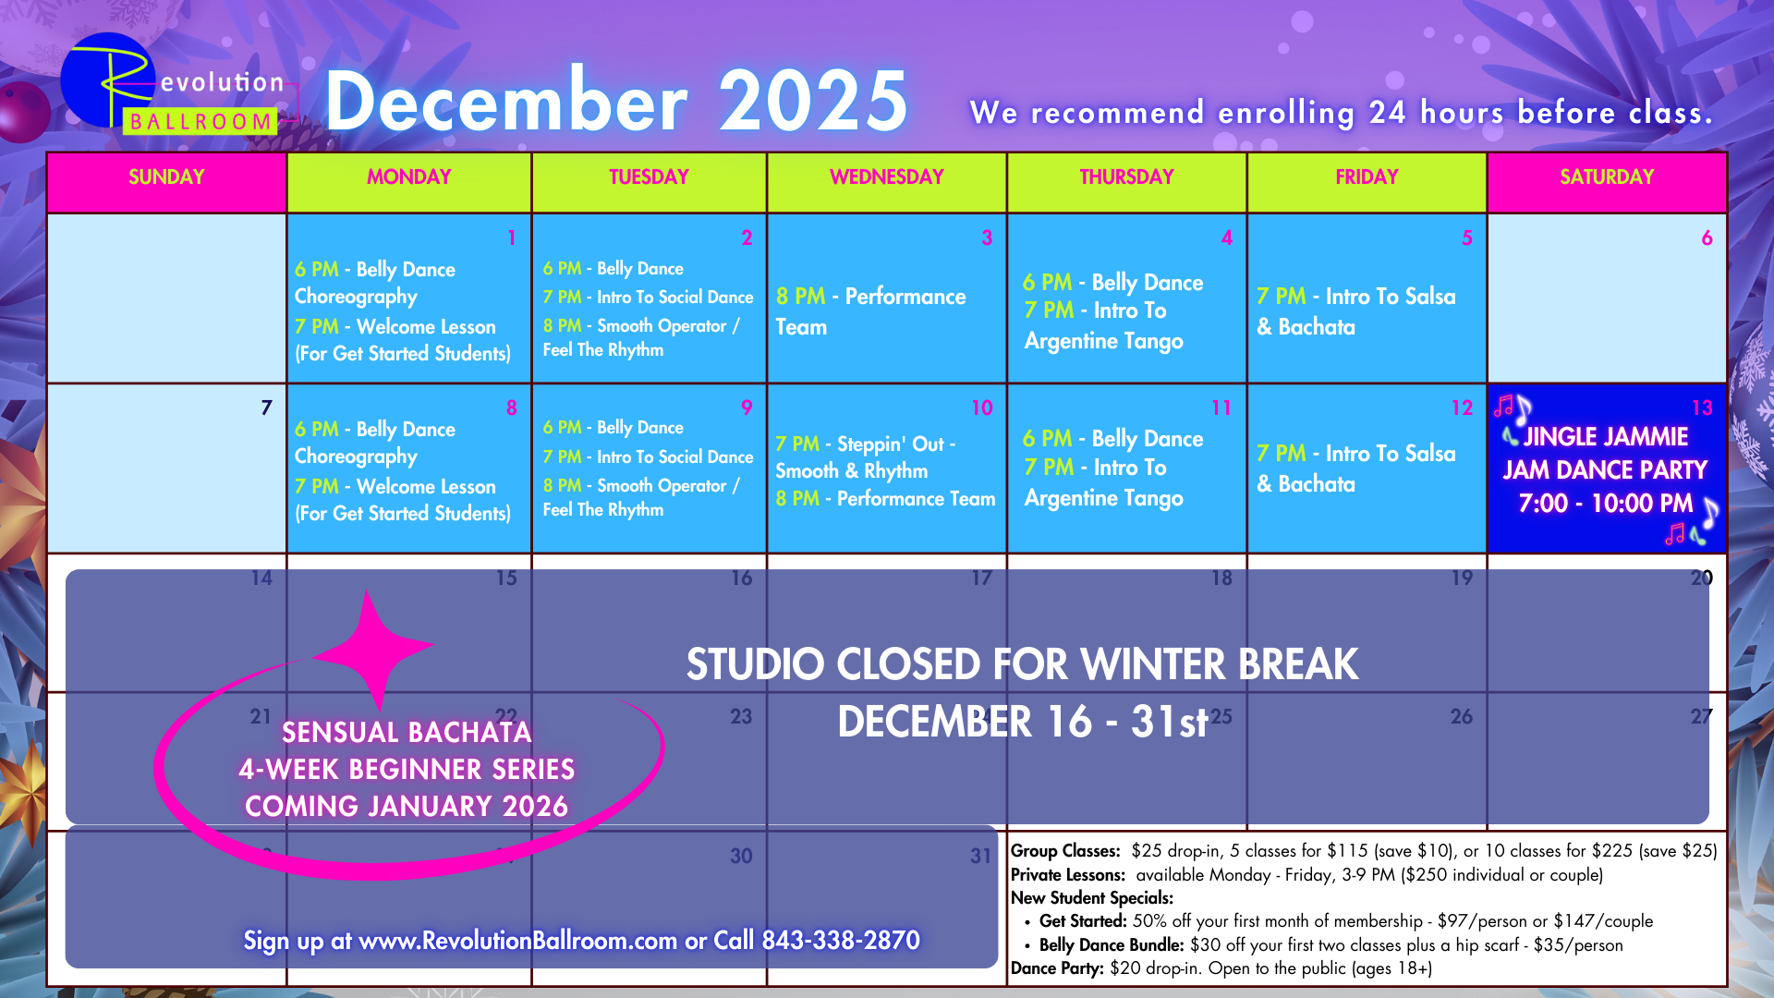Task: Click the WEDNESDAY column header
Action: coord(886,177)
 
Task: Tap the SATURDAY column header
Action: coord(1607,177)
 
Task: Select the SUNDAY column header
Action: coord(166,177)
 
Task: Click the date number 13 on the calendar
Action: coord(1702,408)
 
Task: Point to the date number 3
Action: coord(987,238)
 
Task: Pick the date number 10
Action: coord(981,408)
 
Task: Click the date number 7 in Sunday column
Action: coord(266,408)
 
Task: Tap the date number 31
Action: coord(980,857)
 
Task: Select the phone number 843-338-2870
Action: coord(841,941)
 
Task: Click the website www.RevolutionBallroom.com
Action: coord(517,941)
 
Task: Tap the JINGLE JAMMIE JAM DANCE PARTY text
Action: coord(1606,453)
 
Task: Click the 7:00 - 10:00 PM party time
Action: coord(1606,504)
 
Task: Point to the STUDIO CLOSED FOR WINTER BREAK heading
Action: coord(1022,664)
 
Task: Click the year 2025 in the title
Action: coord(813,101)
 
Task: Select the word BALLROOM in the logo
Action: coord(200,122)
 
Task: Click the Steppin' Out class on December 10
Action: coord(866,457)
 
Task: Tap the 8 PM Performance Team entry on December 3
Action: coord(871,311)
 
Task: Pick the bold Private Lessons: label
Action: coord(1068,875)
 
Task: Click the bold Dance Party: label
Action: coord(1057,968)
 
